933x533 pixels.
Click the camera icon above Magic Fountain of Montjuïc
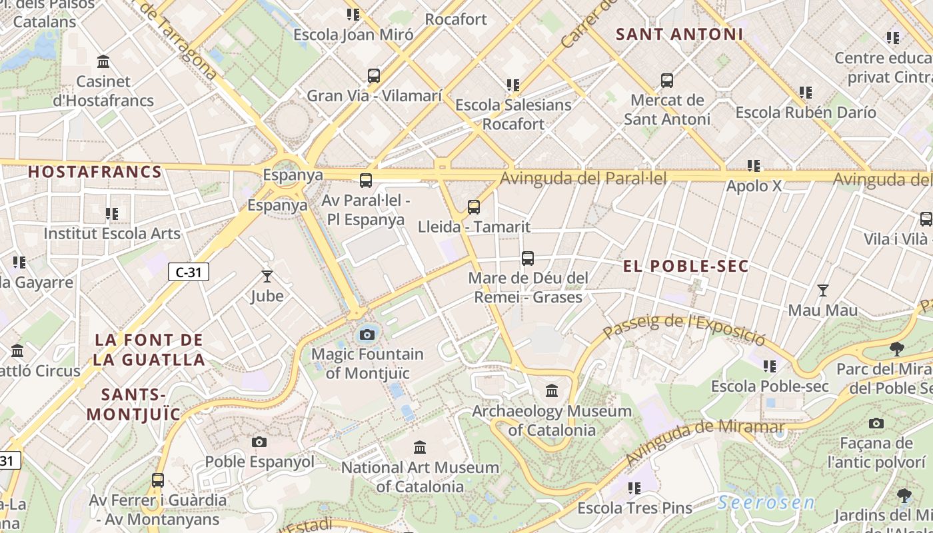[x=367, y=334]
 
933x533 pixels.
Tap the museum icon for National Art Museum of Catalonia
[x=420, y=447]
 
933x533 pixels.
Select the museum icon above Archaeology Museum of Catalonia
[x=552, y=390]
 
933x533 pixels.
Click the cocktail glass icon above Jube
[x=267, y=276]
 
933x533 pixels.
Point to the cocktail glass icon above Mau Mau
[x=823, y=290]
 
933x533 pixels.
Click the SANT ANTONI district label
[x=679, y=34]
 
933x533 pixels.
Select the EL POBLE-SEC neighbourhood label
[x=686, y=266]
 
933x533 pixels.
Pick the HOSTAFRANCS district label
[x=95, y=172]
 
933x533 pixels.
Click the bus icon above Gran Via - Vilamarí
[x=374, y=76]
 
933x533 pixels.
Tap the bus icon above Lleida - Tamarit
[x=474, y=207]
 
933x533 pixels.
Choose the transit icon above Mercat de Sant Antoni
[x=667, y=81]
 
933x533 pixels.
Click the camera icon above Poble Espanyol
[x=259, y=442]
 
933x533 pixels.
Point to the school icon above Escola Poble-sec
[x=770, y=366]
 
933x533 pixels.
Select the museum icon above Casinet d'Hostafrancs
[x=103, y=62]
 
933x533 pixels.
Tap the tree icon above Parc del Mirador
[x=897, y=348]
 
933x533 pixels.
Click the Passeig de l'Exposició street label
[x=684, y=328]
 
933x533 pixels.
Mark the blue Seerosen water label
[x=766, y=503]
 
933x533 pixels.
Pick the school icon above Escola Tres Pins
[x=634, y=488]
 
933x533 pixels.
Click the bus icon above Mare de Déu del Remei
[x=528, y=258]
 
